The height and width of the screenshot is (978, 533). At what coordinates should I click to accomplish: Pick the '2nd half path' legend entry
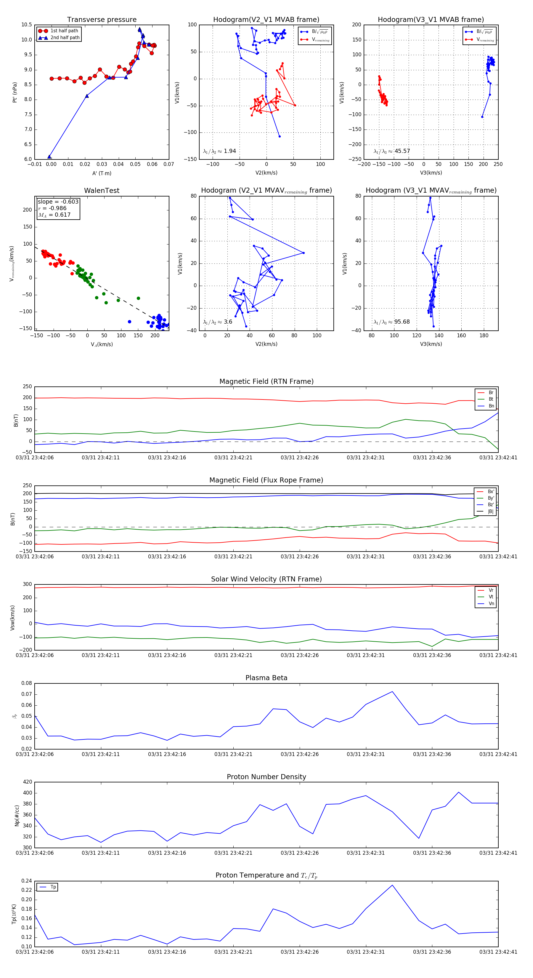[x=65, y=38]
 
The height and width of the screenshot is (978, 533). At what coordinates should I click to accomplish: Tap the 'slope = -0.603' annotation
[x=58, y=202]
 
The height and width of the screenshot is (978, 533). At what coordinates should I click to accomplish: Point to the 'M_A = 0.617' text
[x=54, y=215]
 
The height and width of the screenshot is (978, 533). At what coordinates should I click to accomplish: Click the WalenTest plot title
[x=102, y=191]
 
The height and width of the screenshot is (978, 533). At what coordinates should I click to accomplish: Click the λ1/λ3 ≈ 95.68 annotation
[x=391, y=322]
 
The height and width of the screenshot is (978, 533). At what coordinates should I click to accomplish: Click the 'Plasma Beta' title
[x=266, y=678]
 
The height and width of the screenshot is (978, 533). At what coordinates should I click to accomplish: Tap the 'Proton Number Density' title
[x=266, y=776]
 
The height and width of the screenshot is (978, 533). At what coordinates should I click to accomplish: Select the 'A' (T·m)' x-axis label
[x=102, y=173]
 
